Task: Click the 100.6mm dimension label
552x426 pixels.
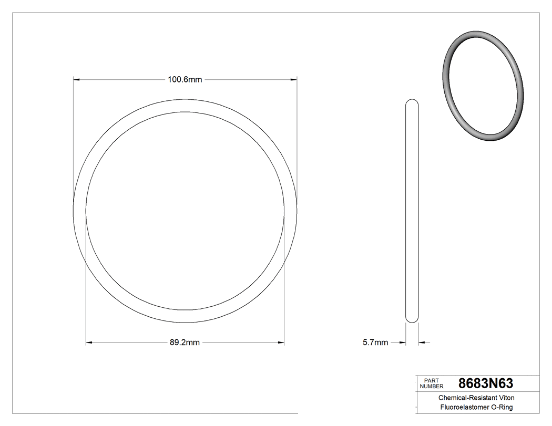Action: tap(185, 80)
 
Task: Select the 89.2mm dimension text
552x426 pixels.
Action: tap(185, 343)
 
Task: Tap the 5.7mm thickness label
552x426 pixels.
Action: tap(375, 343)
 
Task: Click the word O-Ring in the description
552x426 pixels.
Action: tap(502, 408)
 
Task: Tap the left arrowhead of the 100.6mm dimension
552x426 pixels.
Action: tap(76, 80)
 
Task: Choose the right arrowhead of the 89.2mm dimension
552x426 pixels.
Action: tap(281, 343)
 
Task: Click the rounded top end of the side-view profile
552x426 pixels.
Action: tap(413, 101)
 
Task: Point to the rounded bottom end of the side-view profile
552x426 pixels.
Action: tap(413, 320)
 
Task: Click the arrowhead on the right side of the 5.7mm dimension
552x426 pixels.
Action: tap(422, 343)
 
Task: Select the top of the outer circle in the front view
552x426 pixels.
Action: tap(185, 99)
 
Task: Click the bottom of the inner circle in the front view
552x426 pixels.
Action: tap(185, 309)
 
